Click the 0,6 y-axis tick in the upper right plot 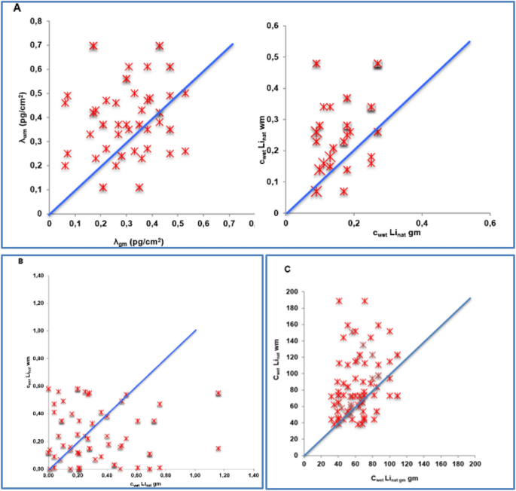coord(276,26)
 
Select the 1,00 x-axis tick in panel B coord(196,476)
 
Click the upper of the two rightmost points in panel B coord(218,393)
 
